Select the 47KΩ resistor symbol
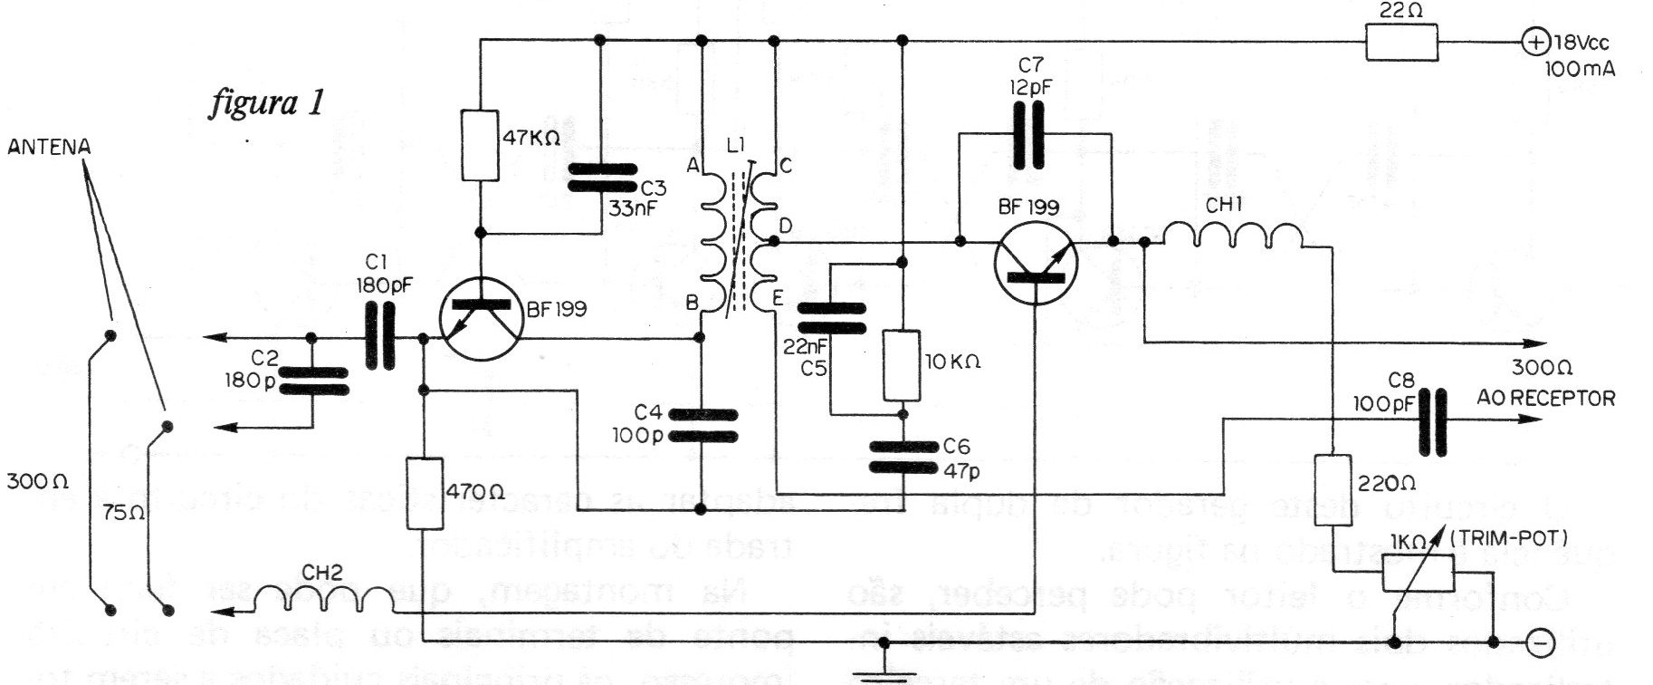[480, 144]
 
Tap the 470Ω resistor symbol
[424, 494]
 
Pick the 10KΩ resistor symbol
[902, 365]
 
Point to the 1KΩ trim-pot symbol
[1417, 574]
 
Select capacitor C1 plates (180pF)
[381, 338]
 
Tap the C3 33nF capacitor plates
[600, 178]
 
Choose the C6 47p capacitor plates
[902, 457]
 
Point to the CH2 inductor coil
[323, 599]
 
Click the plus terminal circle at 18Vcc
[1535, 42]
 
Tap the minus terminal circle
[1537, 642]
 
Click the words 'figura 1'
[264, 103]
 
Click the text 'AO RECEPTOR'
[1545, 397]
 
